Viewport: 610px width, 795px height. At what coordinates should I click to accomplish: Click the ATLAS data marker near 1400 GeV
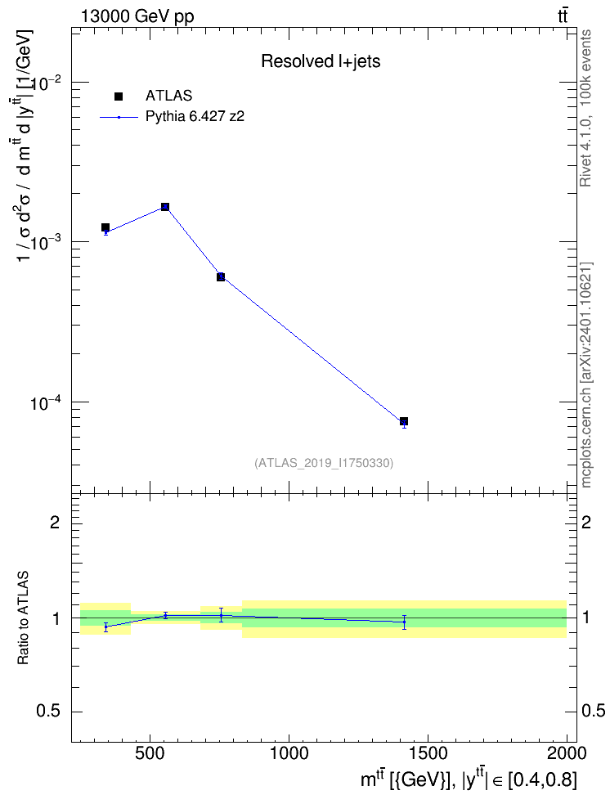click(x=404, y=421)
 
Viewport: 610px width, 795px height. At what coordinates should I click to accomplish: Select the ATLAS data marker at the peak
click(x=165, y=207)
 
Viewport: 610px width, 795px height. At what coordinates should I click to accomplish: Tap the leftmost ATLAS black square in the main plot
click(x=105, y=227)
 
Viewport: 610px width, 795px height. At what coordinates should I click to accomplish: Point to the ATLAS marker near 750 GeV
click(x=221, y=276)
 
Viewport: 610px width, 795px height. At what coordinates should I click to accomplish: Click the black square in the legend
click(x=119, y=97)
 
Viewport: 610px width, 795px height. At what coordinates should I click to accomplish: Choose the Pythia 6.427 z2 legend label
click(x=195, y=117)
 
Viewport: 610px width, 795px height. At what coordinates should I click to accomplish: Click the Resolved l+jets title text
click(x=321, y=61)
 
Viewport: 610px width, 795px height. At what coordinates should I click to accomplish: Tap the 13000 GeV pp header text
click(x=137, y=16)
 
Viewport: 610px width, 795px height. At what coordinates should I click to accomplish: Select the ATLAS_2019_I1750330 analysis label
click(x=324, y=463)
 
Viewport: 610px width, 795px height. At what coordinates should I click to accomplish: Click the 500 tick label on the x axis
click(x=150, y=753)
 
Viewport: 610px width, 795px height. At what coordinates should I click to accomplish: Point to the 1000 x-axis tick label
click(x=289, y=753)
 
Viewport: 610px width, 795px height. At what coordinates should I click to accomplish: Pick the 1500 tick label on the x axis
click(x=428, y=753)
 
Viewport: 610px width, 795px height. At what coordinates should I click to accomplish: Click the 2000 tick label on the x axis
click(x=567, y=753)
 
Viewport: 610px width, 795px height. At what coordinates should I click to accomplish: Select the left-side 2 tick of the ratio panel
click(x=55, y=522)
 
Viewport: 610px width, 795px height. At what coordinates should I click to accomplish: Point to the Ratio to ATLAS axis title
click(x=23, y=618)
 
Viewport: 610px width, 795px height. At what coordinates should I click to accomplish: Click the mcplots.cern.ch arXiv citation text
click(x=586, y=375)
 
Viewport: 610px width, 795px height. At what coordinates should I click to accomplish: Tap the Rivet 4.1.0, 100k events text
click(x=585, y=108)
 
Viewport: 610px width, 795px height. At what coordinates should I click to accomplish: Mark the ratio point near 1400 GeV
click(x=404, y=622)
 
